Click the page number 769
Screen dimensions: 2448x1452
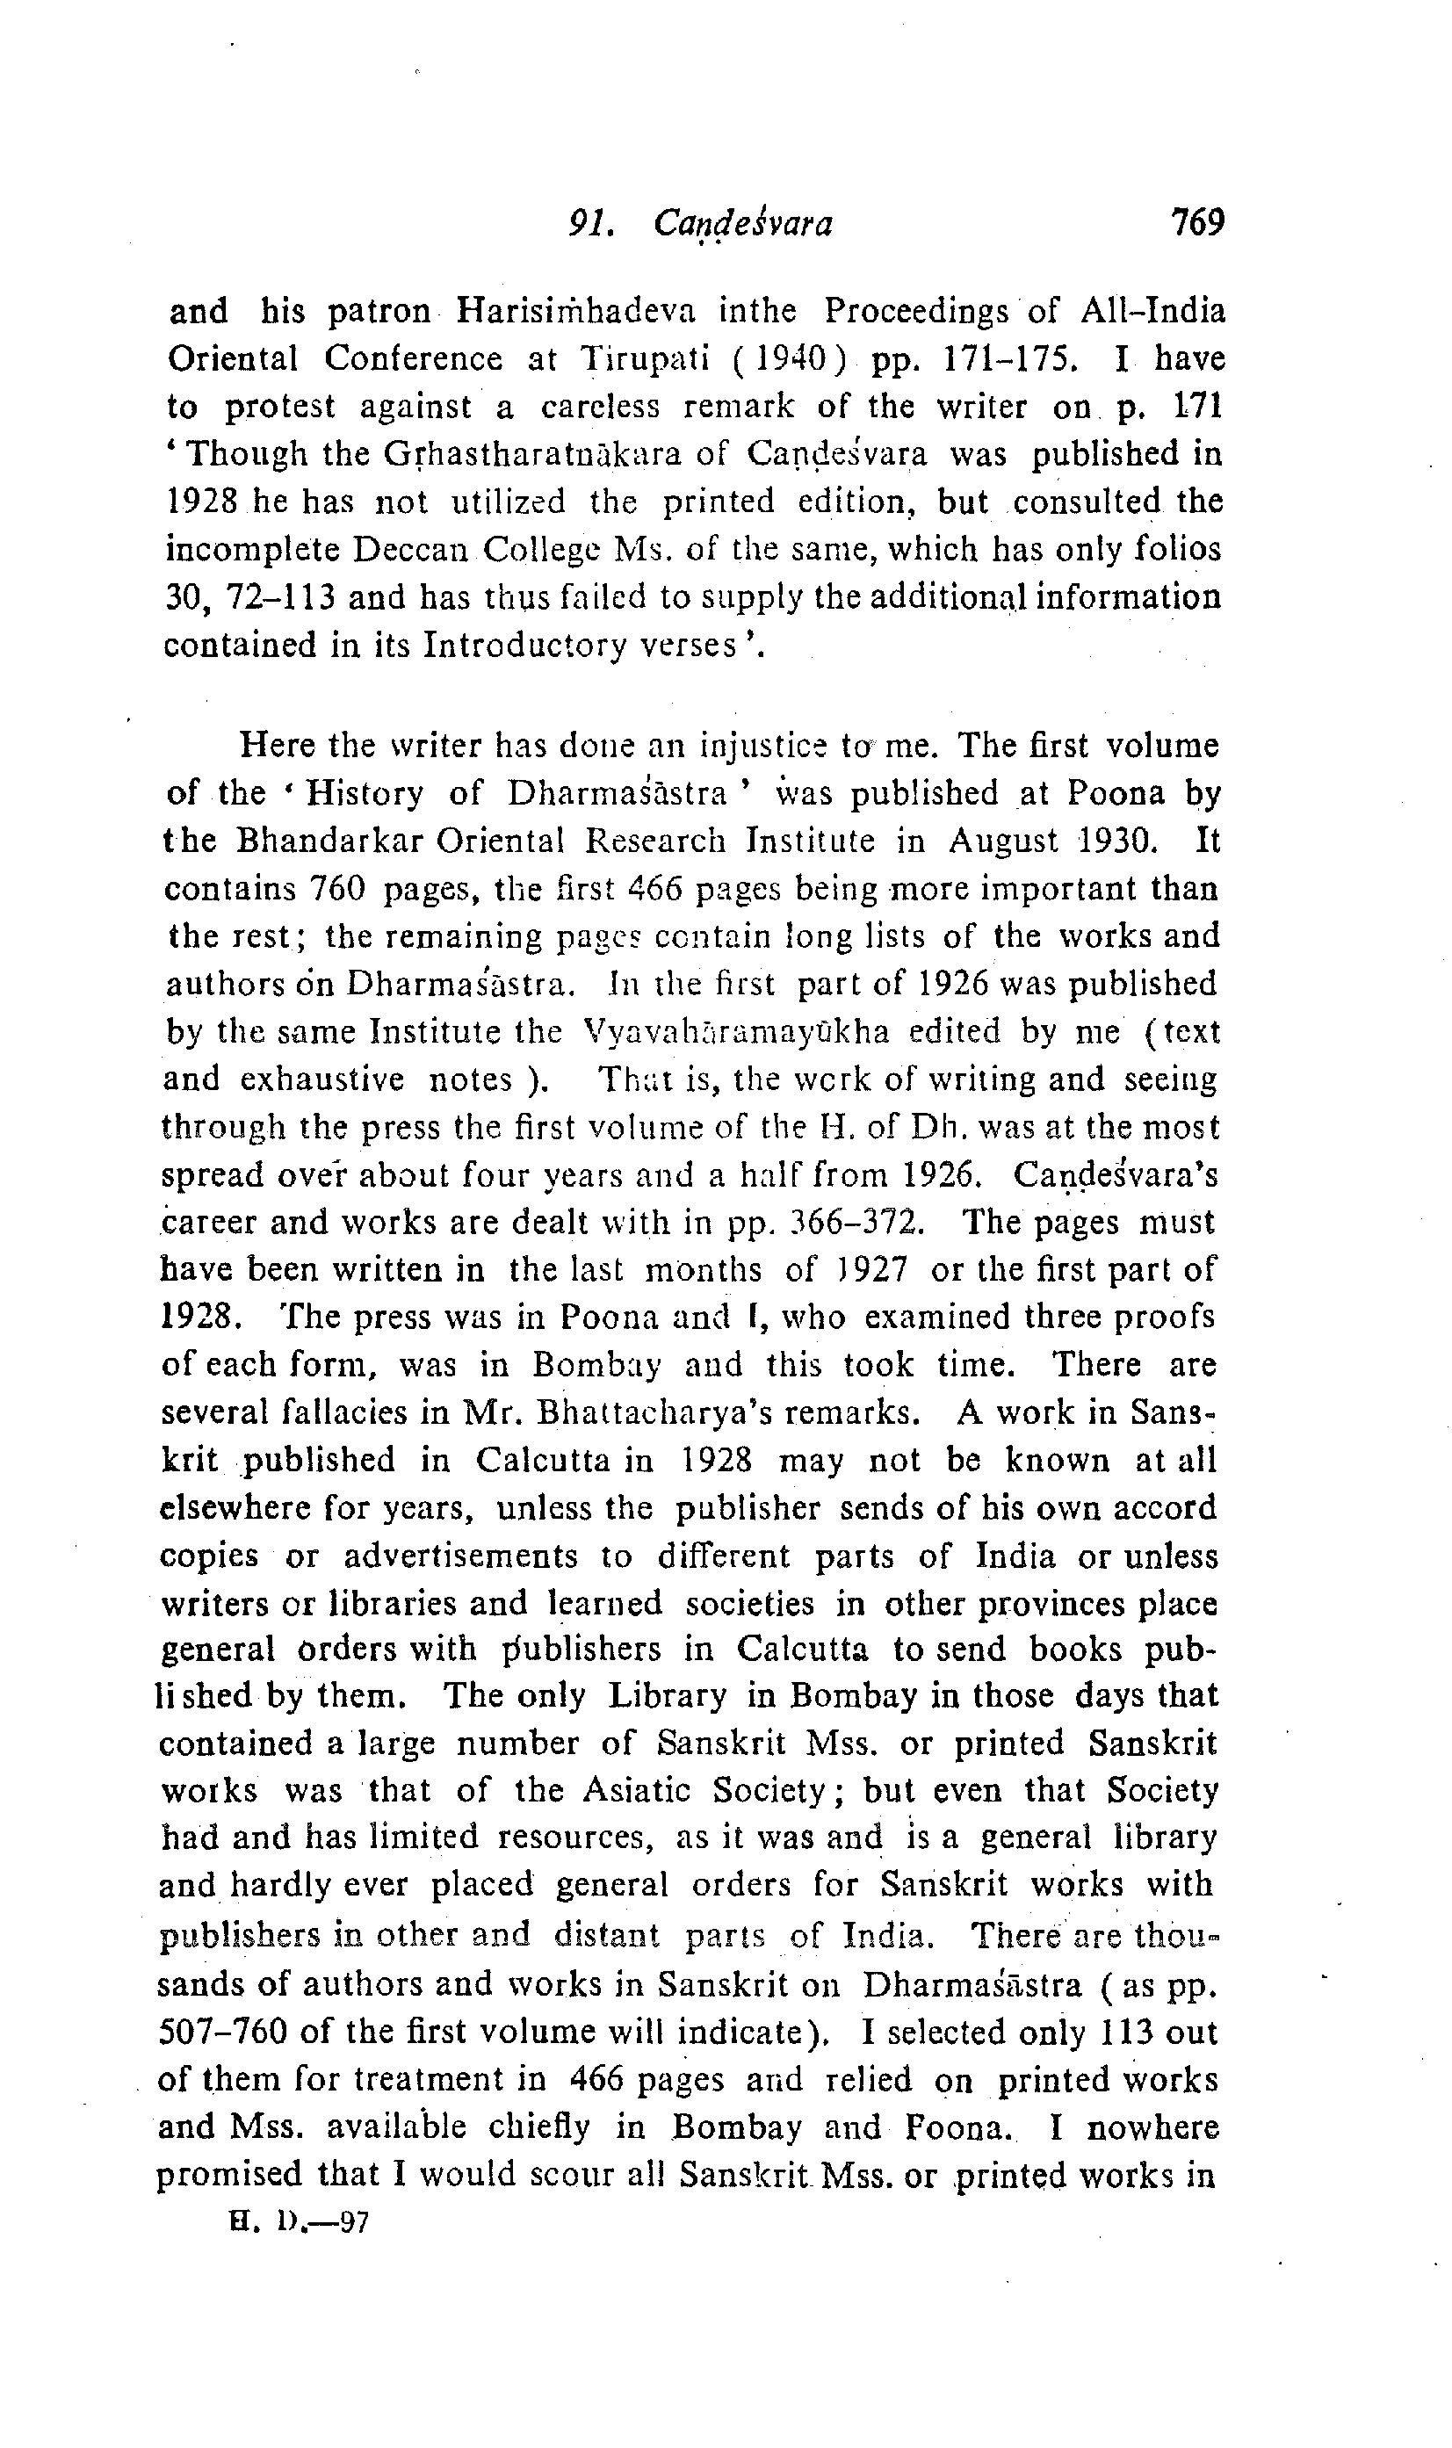pos(1196,223)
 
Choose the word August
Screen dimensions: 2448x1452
pos(1004,841)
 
